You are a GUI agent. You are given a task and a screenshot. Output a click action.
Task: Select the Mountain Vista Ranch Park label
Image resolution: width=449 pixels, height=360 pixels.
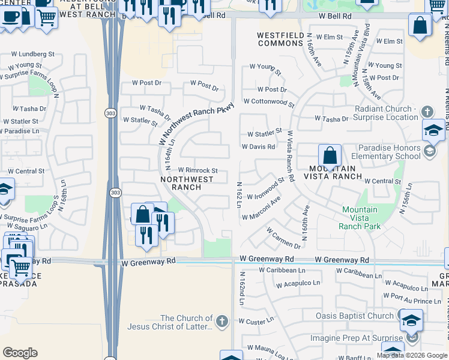point(360,218)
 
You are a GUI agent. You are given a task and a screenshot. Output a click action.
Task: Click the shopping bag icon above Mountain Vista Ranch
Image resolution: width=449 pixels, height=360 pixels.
point(330,157)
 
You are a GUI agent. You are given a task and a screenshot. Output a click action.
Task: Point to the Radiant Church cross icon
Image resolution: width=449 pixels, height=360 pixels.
point(427,112)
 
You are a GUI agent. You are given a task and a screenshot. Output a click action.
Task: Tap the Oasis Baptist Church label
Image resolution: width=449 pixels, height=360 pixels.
point(355,316)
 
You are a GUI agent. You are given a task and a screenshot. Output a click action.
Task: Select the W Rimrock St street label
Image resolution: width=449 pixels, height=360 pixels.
point(197,171)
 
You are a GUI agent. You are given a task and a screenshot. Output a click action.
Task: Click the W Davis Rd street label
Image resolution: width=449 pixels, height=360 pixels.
point(258,146)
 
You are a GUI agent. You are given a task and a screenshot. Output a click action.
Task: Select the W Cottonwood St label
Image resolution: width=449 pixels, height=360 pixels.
point(269,103)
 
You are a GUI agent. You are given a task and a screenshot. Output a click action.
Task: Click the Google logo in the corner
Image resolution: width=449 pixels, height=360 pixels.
point(20,352)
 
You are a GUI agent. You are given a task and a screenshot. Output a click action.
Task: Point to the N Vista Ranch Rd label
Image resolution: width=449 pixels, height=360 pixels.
point(291,157)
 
